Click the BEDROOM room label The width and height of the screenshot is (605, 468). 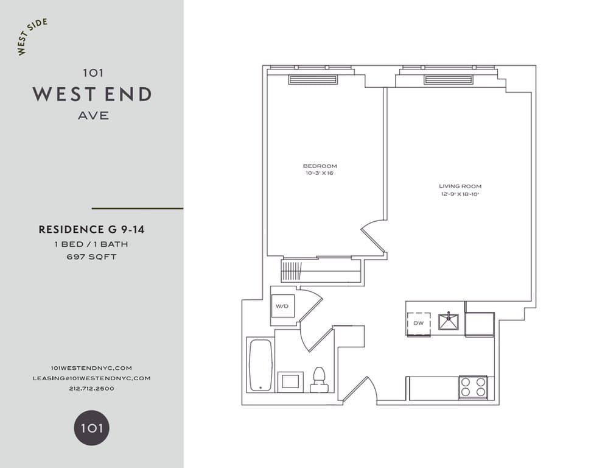click(x=320, y=166)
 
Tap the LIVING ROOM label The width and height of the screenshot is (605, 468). click(x=456, y=186)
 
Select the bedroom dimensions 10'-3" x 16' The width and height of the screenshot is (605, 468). click(x=320, y=174)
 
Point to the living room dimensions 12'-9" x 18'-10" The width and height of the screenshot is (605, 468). click(x=456, y=194)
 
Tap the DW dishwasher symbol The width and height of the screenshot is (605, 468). click(x=418, y=323)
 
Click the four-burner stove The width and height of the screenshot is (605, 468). click(x=473, y=387)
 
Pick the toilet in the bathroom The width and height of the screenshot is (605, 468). click(x=319, y=381)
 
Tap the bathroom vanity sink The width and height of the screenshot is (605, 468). click(x=290, y=382)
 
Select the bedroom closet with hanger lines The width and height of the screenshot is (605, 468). click(x=321, y=270)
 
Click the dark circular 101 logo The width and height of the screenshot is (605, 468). click(x=92, y=427)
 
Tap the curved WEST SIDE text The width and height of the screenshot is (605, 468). click(x=32, y=37)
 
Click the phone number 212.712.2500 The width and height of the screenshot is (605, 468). click(x=92, y=388)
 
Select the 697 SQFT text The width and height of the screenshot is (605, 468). click(x=92, y=257)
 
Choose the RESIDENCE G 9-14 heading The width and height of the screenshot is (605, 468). click(x=91, y=230)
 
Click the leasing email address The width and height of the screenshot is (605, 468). click(x=91, y=378)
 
